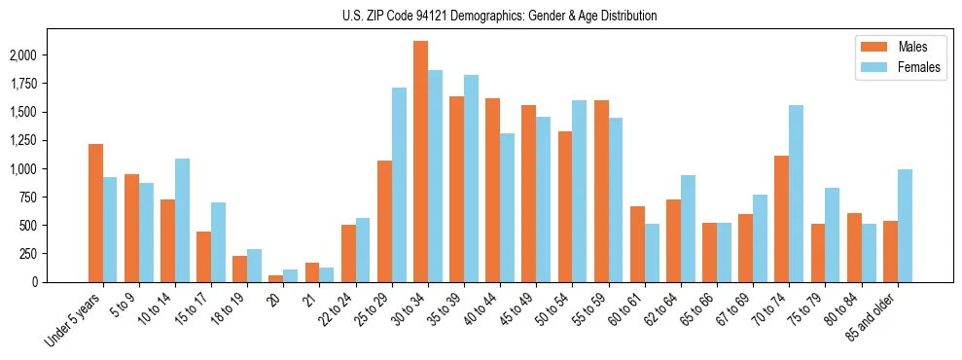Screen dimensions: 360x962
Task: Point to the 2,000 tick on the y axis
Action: pos(23,55)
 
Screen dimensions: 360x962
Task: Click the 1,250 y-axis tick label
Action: pos(23,140)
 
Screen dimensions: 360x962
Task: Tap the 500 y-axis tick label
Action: pos(30,226)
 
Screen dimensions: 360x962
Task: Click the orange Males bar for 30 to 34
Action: pos(420,162)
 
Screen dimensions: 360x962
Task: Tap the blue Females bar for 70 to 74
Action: pos(797,194)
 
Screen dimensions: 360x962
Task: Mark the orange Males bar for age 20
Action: pos(276,278)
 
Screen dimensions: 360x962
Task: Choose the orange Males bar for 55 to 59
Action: pos(601,191)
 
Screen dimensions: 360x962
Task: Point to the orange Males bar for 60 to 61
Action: pos(637,244)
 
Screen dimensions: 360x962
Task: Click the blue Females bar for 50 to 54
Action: pos(580,191)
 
